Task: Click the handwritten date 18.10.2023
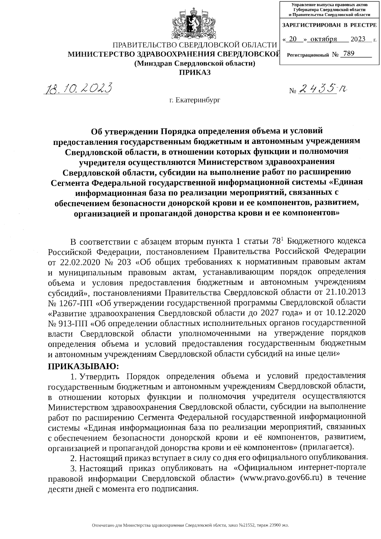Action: [79, 88]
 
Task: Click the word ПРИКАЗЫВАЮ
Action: [83, 366]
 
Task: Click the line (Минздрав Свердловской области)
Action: [195, 63]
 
